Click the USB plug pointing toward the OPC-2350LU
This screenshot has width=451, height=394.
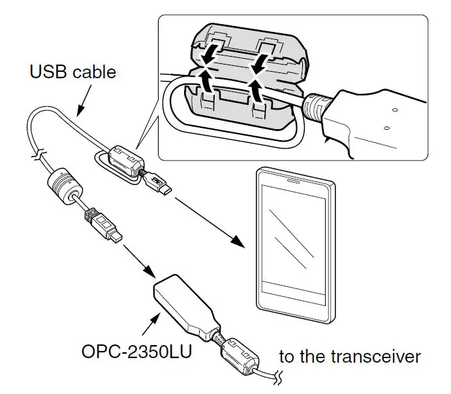coord(104,228)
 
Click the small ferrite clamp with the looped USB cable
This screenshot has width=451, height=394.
coord(124,160)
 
